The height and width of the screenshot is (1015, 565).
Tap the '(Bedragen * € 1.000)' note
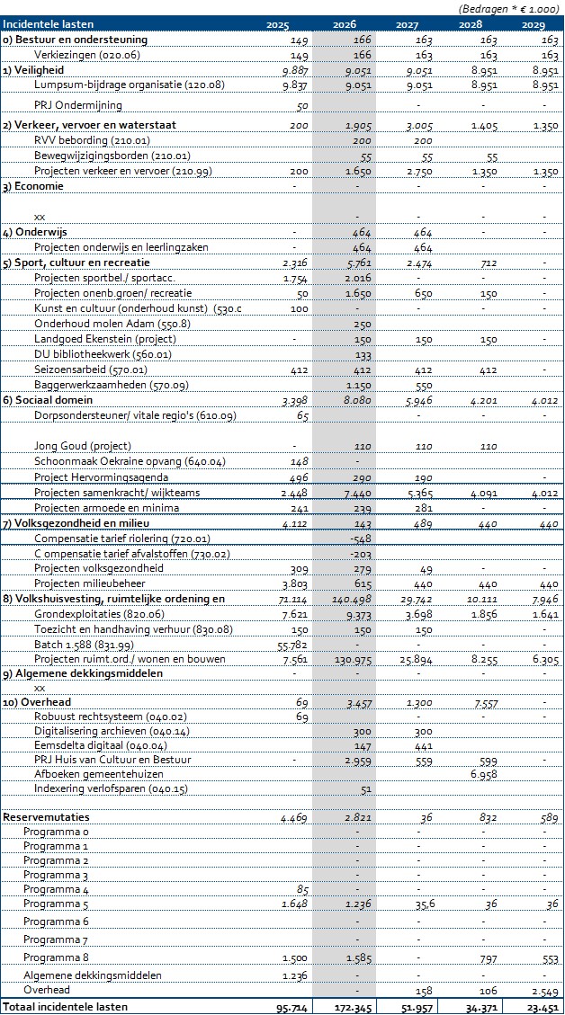[507, 8]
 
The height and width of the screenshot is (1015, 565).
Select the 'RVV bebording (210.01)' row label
[92, 141]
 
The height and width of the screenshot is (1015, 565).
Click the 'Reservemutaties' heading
[41, 817]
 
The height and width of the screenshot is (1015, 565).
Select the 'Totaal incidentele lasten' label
[65, 1007]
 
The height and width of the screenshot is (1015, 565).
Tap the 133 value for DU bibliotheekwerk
[363, 354]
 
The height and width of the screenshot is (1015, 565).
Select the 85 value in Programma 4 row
[301, 889]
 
